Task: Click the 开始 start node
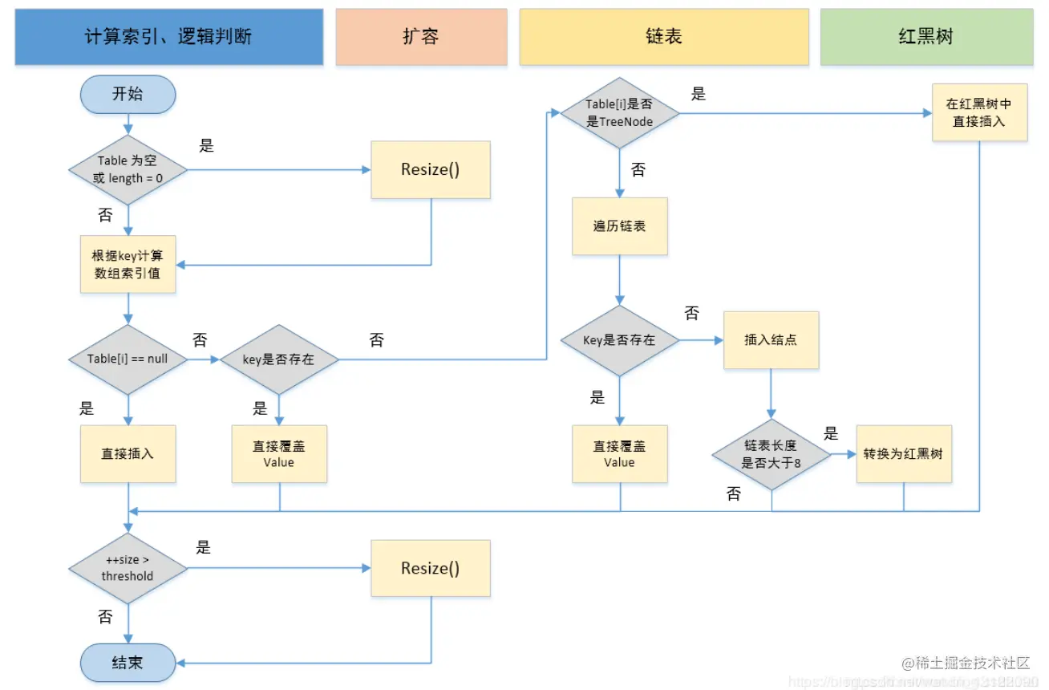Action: click(x=128, y=94)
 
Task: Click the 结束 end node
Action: click(x=128, y=662)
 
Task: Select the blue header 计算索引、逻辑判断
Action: click(x=169, y=37)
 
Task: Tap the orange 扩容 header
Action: click(x=421, y=37)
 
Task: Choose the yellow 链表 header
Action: click(x=663, y=37)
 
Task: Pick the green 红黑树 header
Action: click(x=925, y=37)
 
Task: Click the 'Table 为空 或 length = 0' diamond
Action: click(x=128, y=169)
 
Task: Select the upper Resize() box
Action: click(x=430, y=170)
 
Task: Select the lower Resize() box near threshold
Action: click(x=430, y=568)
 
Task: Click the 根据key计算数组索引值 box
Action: click(x=128, y=264)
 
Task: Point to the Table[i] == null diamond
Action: click(x=128, y=359)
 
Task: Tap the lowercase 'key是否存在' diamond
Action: click(x=278, y=359)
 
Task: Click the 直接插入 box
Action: click(x=128, y=453)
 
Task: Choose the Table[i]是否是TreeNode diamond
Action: click(x=619, y=113)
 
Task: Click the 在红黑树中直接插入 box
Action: click(x=979, y=113)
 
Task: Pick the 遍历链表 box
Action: click(x=619, y=226)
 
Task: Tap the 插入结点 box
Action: click(x=771, y=340)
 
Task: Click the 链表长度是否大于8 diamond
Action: click(x=771, y=454)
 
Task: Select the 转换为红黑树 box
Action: click(x=904, y=454)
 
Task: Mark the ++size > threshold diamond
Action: click(x=128, y=568)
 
